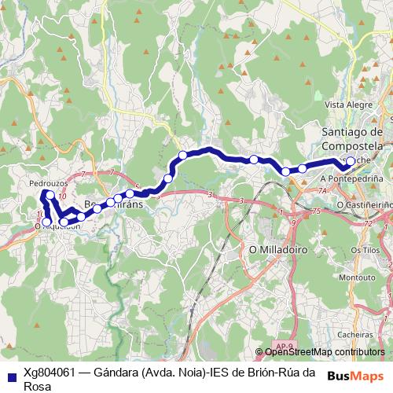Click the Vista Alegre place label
(346, 104)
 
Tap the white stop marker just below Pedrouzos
(50, 195)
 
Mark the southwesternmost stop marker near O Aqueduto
(48, 221)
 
